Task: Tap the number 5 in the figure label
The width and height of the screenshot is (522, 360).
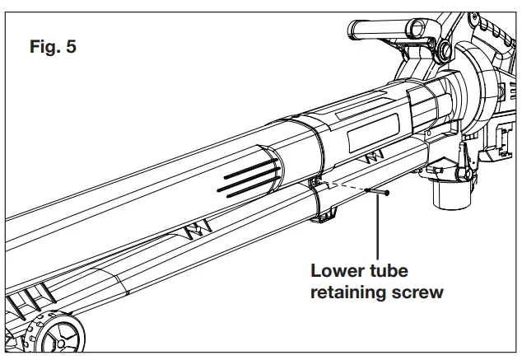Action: pyautogui.click(x=72, y=47)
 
